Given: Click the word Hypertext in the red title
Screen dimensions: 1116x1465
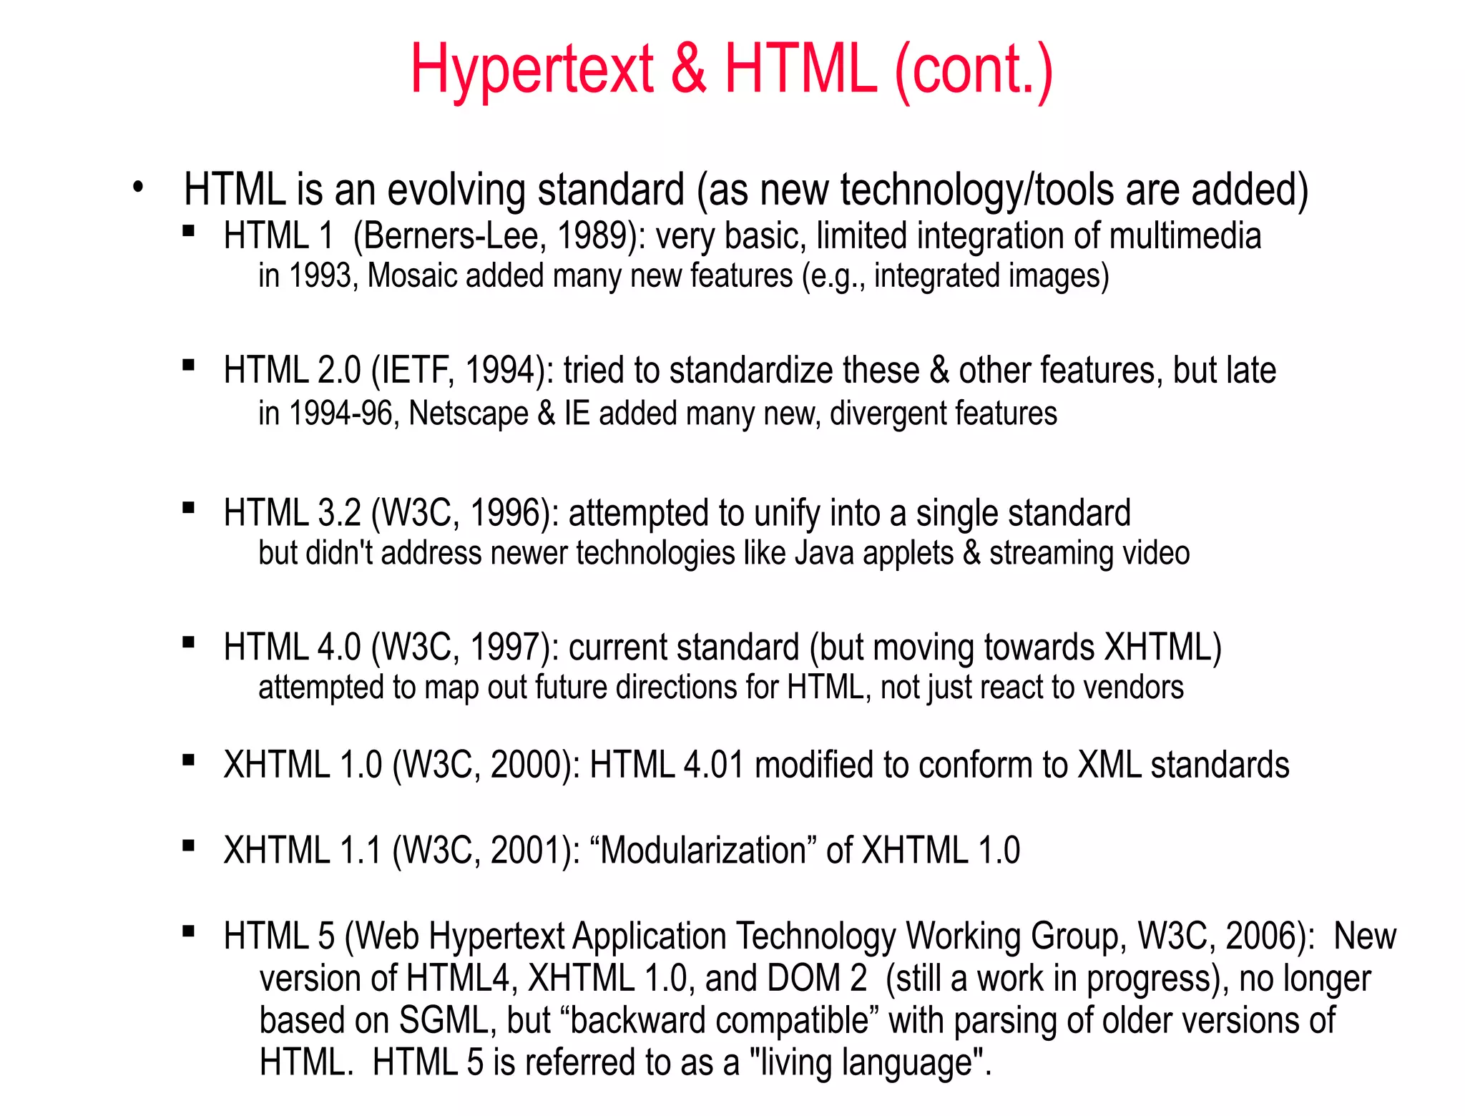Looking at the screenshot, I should pos(531,69).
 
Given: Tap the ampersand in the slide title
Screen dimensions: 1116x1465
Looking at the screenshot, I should pos(688,69).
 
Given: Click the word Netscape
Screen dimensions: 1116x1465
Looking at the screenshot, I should pos(468,413).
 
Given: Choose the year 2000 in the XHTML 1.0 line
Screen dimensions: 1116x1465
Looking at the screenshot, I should pos(526,765).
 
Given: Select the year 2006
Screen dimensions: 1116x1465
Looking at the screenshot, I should pos(1262,936).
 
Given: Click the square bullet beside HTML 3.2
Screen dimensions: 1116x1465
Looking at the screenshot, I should pos(189,509).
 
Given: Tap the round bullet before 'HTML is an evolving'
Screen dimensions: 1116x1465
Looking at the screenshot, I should pos(138,187).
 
